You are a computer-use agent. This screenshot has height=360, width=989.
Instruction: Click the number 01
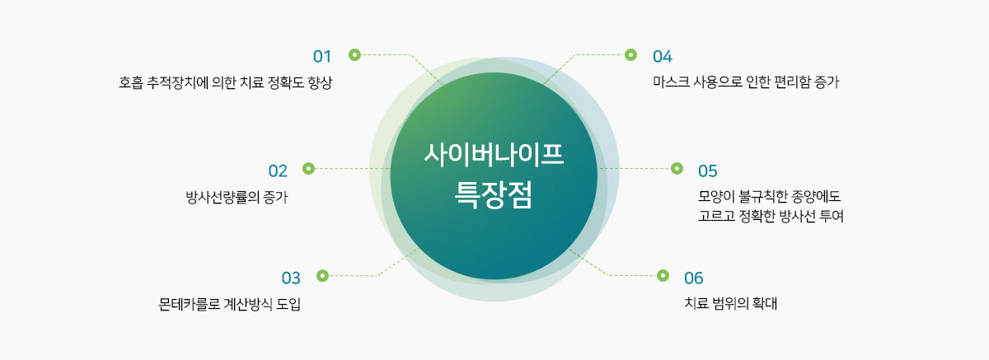click(321, 56)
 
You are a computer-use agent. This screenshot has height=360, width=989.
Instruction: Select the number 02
click(278, 171)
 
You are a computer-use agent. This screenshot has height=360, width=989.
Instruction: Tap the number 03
click(291, 277)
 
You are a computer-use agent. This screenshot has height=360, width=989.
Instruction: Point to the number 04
click(663, 56)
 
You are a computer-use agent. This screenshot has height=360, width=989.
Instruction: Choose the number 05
click(707, 171)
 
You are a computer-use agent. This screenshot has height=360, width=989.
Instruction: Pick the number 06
click(694, 277)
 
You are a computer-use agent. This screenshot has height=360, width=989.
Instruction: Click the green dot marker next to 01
click(354, 54)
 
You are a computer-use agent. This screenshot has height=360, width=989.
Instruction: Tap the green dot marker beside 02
click(309, 168)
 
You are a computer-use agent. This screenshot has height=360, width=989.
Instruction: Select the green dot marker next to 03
click(322, 275)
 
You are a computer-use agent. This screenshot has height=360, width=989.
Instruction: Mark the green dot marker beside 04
click(630, 54)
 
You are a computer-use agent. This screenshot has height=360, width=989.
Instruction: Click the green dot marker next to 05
click(677, 168)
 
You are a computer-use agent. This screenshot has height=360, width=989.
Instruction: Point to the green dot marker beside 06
click(663, 275)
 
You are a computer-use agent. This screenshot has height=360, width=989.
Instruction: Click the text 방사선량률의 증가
click(237, 197)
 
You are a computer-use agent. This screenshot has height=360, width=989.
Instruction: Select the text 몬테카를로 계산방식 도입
click(230, 304)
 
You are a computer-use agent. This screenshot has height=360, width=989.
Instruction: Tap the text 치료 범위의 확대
click(731, 303)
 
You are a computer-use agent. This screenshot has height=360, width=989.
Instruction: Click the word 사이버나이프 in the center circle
click(494, 155)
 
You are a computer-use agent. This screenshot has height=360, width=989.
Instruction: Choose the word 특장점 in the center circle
click(494, 195)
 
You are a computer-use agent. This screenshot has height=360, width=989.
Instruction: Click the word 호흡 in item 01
click(130, 83)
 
